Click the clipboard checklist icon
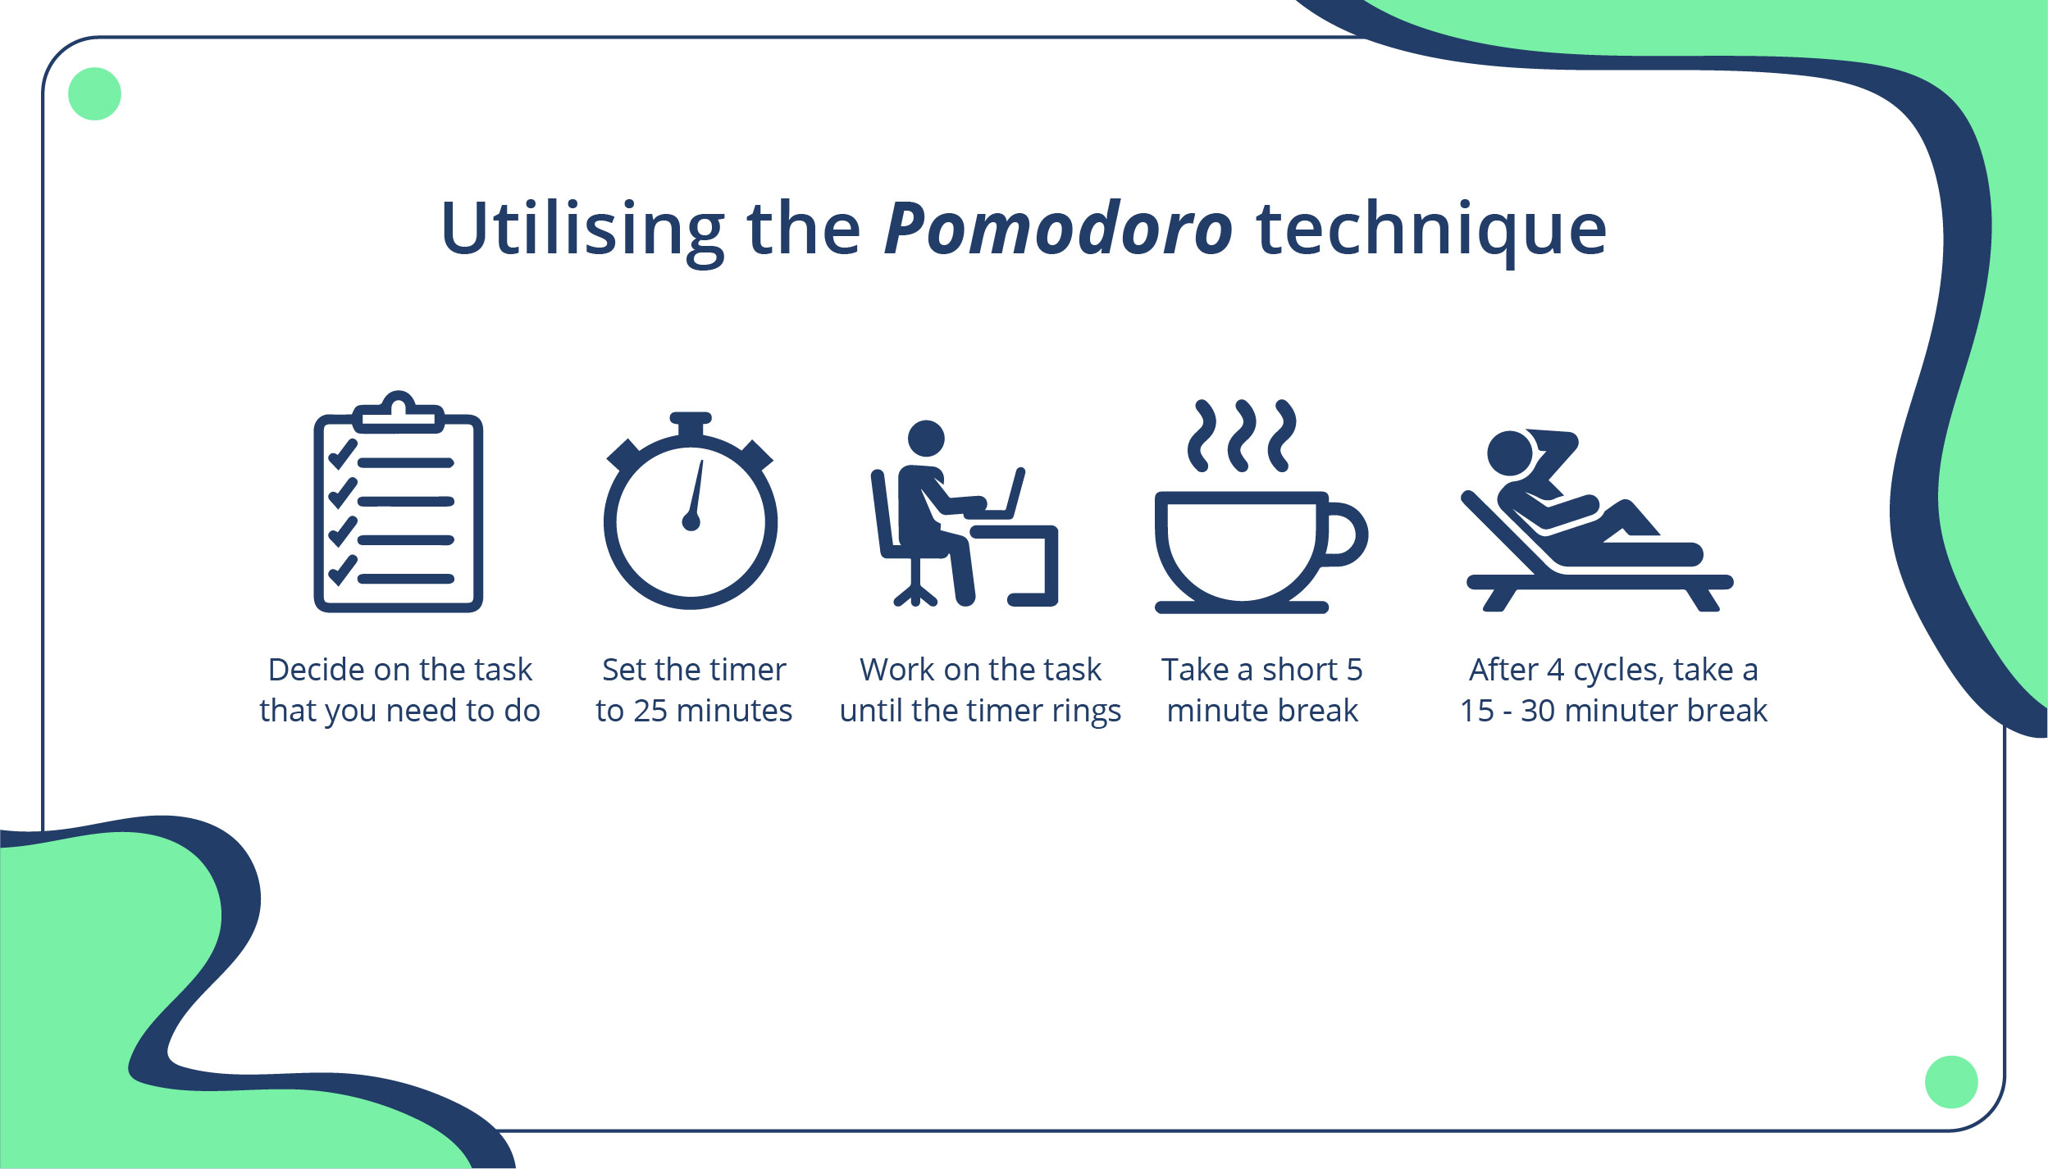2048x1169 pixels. coord(399,502)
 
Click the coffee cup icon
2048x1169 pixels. coord(1261,507)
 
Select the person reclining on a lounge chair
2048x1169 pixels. coord(1596,521)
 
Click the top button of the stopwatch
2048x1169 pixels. coord(691,424)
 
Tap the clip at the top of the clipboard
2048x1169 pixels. coord(399,412)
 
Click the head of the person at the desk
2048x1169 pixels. coord(927,439)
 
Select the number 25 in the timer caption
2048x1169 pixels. coord(650,711)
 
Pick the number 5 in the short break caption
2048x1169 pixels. coord(1354,671)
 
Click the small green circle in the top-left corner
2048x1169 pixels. coord(94,93)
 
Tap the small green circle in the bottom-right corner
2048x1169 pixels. coord(1951,1082)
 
